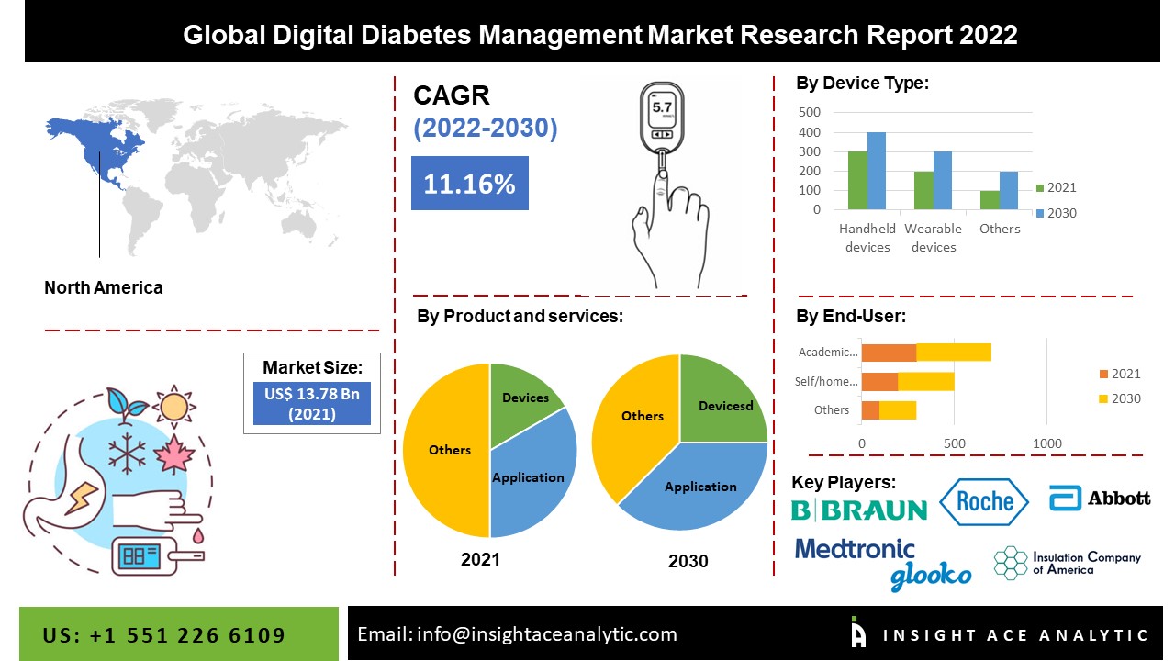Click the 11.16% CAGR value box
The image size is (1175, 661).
pyautogui.click(x=469, y=184)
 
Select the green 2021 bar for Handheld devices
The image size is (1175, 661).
pyautogui.click(x=857, y=181)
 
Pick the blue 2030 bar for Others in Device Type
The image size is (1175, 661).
pyautogui.click(x=1009, y=191)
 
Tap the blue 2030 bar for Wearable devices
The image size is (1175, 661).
pyautogui.click(x=943, y=181)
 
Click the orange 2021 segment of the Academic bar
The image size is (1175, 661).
pyautogui.click(x=889, y=352)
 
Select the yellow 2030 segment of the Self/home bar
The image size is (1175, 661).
pyautogui.click(x=926, y=381)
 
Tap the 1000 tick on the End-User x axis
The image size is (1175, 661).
pyautogui.click(x=1047, y=443)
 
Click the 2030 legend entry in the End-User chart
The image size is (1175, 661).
pyautogui.click(x=1119, y=398)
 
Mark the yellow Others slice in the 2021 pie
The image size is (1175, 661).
pyautogui.click(x=447, y=450)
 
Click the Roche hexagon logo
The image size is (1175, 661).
pyautogui.click(x=984, y=500)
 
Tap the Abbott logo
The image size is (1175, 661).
pyautogui.click(x=1100, y=498)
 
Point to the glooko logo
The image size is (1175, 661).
pyautogui.click(x=930, y=576)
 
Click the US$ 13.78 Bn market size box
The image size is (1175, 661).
pyautogui.click(x=311, y=404)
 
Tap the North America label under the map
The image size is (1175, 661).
pyautogui.click(x=104, y=287)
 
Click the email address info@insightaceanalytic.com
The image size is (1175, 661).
pyautogui.click(x=517, y=634)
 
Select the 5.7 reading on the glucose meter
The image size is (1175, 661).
pyautogui.click(x=662, y=107)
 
